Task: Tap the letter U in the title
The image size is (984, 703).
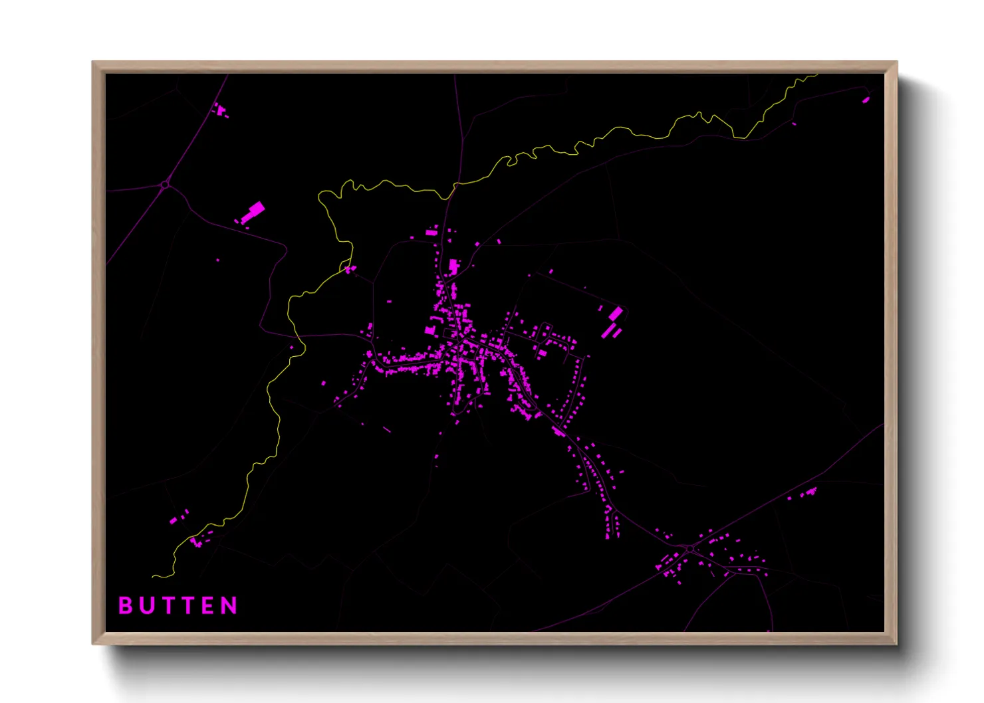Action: (x=146, y=605)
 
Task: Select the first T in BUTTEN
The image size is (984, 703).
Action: (x=168, y=605)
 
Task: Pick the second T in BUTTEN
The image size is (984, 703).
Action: (x=188, y=605)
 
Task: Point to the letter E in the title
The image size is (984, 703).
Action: (x=209, y=605)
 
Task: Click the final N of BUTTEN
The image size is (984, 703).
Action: (x=230, y=605)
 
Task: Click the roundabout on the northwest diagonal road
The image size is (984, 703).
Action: (x=165, y=184)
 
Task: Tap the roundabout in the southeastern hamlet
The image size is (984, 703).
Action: (x=691, y=549)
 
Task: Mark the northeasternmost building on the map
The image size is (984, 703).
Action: (x=866, y=100)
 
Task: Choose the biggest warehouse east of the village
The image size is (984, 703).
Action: (x=616, y=313)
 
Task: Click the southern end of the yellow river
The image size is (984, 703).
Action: (x=154, y=576)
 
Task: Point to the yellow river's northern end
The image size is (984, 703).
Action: (x=816, y=75)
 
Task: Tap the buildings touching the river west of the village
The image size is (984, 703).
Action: (x=350, y=269)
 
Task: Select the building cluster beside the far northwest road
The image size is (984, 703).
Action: (x=221, y=111)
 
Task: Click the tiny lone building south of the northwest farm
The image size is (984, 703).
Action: (x=217, y=260)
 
